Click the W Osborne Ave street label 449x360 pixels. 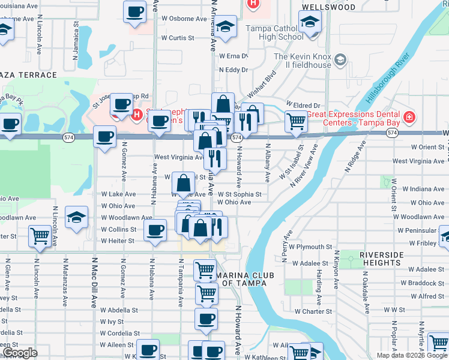coord(184,18)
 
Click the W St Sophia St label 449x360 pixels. coord(240,194)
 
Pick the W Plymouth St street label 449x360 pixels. coord(310,247)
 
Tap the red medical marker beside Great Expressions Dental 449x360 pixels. coord(409,116)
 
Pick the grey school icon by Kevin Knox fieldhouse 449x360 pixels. coord(341,59)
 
